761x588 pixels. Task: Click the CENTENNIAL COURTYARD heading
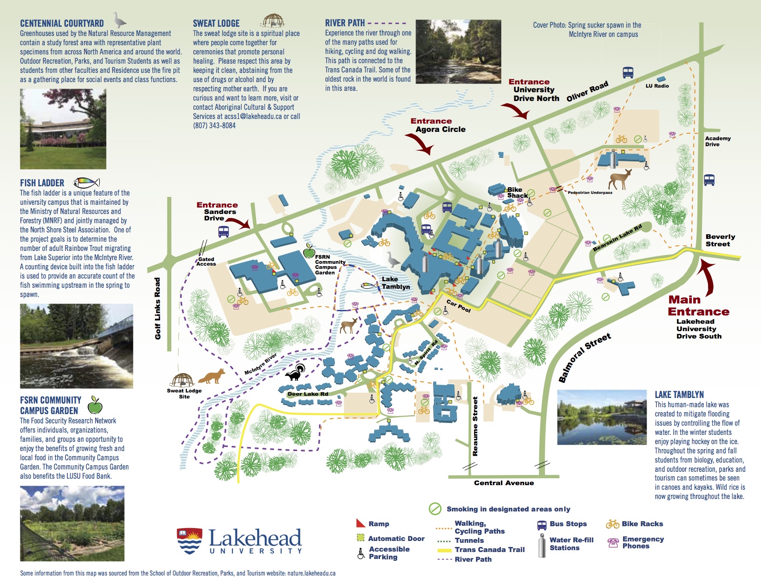(62, 24)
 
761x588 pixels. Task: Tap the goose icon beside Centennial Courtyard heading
(120, 20)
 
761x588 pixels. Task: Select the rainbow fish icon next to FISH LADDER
(87, 183)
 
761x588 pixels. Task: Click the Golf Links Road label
(158, 308)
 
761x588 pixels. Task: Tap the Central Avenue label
(504, 483)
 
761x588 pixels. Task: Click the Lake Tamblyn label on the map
(395, 283)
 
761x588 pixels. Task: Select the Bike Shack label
(517, 193)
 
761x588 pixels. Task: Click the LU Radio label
(657, 86)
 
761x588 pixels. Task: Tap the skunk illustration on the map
(296, 373)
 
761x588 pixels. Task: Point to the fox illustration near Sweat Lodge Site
(212, 376)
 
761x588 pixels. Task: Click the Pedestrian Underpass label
(590, 193)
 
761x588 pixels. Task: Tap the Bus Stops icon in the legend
(542, 524)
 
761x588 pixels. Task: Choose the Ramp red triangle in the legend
(361, 523)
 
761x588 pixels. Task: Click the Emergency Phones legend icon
(613, 543)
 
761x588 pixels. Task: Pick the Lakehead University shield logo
(190, 541)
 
